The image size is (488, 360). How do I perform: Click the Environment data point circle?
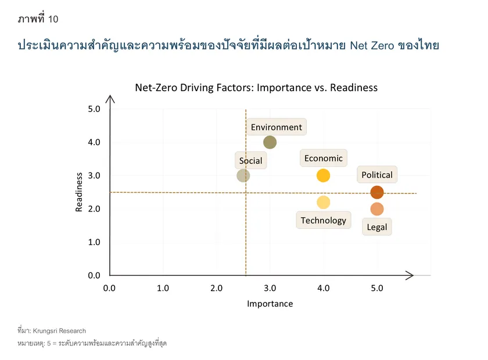coord(270,142)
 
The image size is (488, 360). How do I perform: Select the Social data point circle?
coord(243,175)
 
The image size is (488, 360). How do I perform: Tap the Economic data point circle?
coord(324,175)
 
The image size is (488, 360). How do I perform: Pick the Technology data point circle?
coord(324,202)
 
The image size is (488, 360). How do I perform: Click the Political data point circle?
coord(377,192)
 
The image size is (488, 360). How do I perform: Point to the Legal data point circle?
coord(377,209)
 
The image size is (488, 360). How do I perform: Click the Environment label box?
coord(277,127)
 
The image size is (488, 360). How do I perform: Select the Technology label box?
coord(324,220)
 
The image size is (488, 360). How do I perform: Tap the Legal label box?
coord(377,227)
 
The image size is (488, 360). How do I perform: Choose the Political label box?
coord(377,175)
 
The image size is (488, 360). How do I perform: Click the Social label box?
coord(251,161)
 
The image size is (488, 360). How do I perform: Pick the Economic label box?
coord(324,158)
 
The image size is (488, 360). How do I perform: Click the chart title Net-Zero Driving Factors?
coord(256,88)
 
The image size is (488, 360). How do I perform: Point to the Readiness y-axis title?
coord(79,192)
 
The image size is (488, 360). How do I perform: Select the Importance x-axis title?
coord(270,304)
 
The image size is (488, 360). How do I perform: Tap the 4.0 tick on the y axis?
coord(94,142)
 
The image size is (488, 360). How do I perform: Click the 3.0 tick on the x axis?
coord(270,287)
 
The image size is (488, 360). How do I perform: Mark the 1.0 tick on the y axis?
coord(94,242)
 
